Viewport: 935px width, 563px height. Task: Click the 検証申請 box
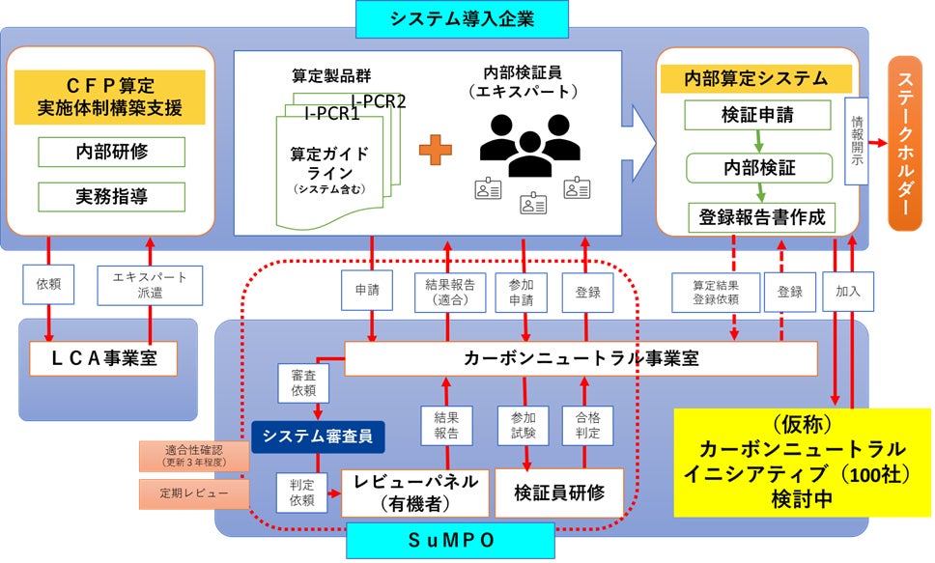[757, 115]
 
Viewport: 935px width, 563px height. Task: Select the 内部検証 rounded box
[759, 167]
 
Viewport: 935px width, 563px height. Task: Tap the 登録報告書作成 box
[760, 217]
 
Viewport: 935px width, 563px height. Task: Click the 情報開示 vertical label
[857, 142]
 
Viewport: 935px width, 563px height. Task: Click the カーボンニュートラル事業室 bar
[581, 358]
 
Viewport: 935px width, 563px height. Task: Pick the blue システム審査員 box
[318, 436]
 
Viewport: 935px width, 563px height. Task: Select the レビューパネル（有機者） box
[411, 493]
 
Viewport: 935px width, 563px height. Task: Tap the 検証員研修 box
[557, 493]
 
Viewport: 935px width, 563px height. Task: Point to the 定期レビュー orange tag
[194, 493]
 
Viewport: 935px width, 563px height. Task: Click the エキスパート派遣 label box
[149, 284]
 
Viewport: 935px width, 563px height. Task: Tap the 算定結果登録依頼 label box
[716, 292]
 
